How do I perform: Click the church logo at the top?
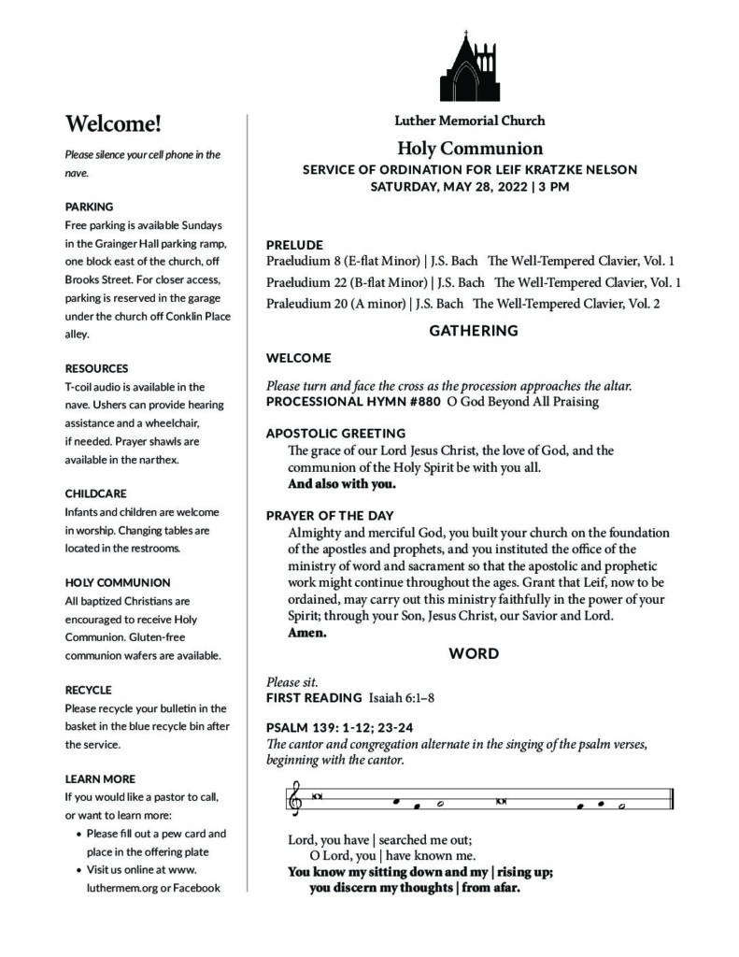coord(469,66)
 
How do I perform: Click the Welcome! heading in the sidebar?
coord(113,122)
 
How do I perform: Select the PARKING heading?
coord(90,206)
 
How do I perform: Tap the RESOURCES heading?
coord(97,368)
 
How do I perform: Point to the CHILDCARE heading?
coord(95,493)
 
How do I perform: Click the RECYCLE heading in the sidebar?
coord(89,690)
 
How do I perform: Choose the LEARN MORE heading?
coord(100,778)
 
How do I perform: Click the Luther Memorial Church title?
coord(469,121)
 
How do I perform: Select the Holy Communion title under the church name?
coord(469,148)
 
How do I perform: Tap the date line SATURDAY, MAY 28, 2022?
coord(469,186)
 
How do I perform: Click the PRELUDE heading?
coord(294,245)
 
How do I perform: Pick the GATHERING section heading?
coord(473,331)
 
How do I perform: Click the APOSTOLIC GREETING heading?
coord(335,434)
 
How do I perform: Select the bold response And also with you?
coord(342,484)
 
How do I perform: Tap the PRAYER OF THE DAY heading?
coord(330,516)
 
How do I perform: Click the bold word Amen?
coord(307,633)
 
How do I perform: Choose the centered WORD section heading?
coord(474,654)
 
